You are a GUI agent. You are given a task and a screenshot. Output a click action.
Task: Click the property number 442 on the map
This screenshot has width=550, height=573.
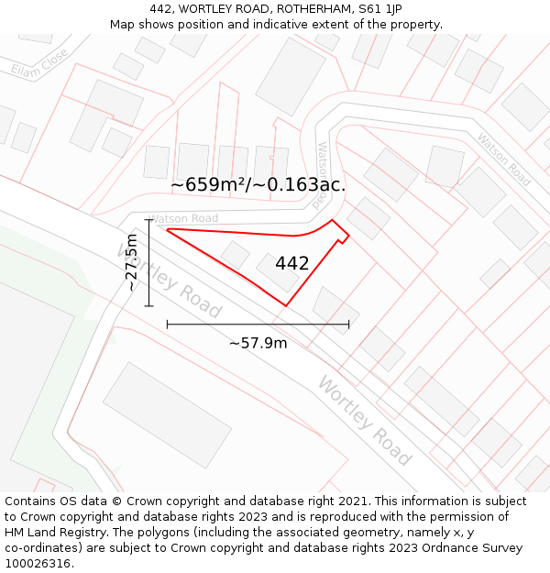[291, 263]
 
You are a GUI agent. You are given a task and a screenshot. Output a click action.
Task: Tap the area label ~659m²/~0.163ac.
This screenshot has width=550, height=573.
[258, 184]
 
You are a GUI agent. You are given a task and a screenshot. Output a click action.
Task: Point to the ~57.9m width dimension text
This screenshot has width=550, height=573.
[258, 343]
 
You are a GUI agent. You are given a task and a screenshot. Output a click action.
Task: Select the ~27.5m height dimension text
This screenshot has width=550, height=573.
[131, 262]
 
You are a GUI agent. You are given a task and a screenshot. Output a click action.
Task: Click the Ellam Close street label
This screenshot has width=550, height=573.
[38, 63]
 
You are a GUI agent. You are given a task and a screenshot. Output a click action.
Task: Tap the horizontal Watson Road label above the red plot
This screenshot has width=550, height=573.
[183, 218]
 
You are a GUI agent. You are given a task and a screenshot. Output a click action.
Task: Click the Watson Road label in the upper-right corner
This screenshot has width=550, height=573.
[503, 160]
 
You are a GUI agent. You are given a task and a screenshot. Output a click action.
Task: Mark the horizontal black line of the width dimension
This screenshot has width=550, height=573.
[258, 324]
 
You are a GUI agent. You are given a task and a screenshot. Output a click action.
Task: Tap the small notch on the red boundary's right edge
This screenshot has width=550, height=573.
[343, 240]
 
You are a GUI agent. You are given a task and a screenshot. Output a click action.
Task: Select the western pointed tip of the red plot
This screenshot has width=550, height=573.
[168, 229]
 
